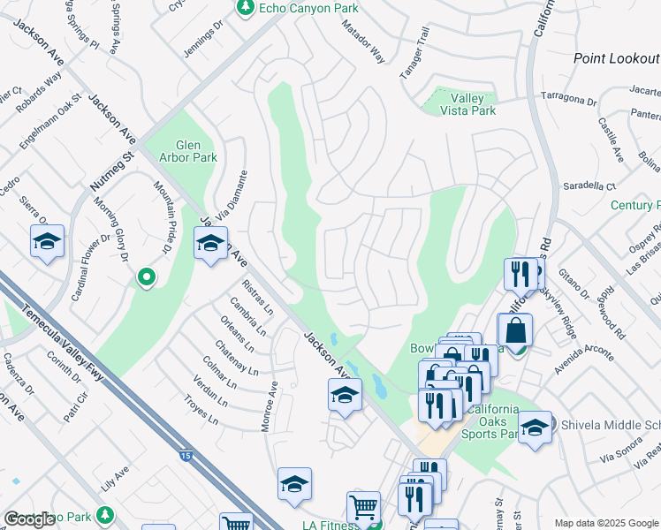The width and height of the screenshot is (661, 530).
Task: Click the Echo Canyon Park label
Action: click(296, 8)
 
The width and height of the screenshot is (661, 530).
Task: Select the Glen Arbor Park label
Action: click(184, 152)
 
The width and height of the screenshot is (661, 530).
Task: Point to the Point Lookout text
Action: click(617, 58)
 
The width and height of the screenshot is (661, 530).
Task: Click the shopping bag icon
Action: click(515, 331)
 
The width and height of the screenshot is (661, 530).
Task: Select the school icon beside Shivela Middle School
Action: click(535, 428)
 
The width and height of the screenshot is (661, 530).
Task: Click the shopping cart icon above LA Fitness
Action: click(363, 508)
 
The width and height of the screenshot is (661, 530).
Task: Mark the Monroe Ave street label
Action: click(269, 407)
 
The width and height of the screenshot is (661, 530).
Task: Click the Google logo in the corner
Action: click(29, 519)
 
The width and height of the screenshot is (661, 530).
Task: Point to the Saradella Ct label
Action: click(589, 186)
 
